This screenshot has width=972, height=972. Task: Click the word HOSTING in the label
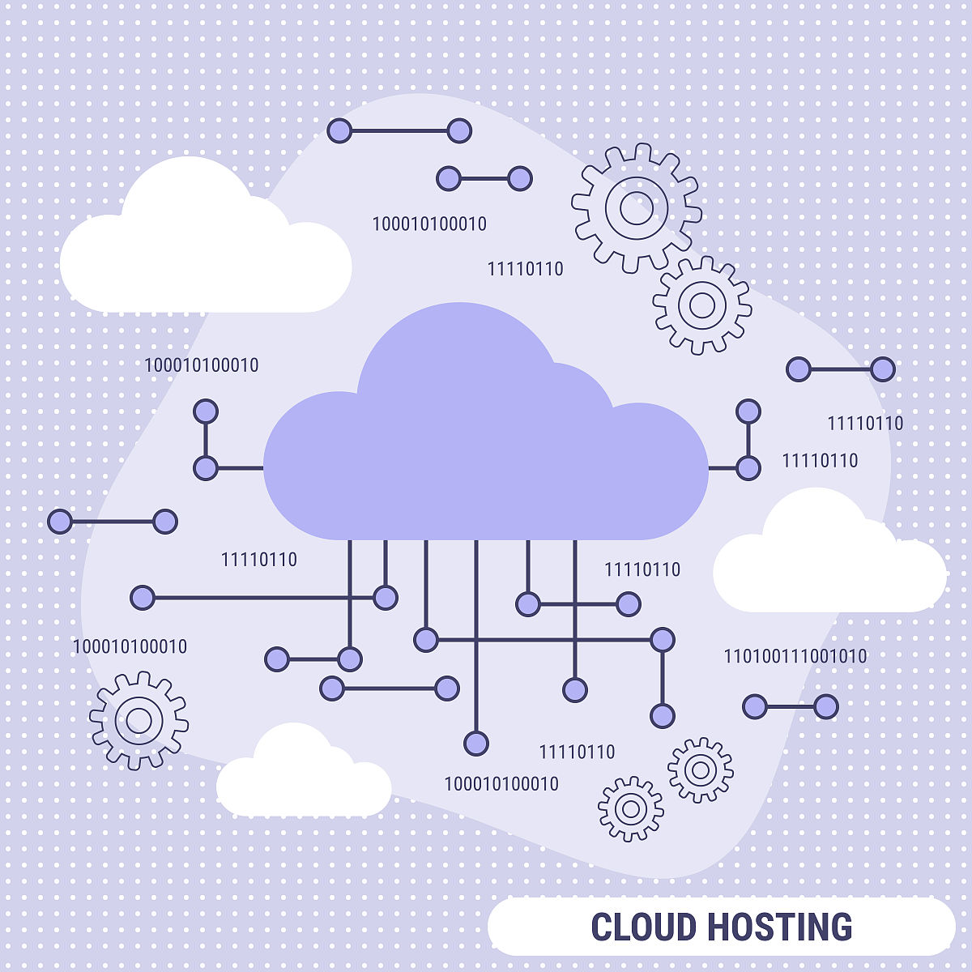[780, 927]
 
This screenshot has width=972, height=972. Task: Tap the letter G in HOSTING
[839, 927]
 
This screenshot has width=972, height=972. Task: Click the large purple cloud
[485, 444]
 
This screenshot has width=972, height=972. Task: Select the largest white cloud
[205, 242]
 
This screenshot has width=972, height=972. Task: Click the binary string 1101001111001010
[795, 656]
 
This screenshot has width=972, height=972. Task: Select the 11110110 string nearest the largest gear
[525, 269]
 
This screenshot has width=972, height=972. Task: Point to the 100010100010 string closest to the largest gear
[429, 224]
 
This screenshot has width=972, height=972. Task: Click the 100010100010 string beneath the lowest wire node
[501, 784]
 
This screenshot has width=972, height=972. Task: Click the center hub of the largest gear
[636, 208]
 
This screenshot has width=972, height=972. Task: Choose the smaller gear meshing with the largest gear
[702, 305]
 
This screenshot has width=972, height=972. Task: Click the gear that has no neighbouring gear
[139, 720]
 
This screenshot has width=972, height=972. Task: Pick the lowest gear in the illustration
[630, 809]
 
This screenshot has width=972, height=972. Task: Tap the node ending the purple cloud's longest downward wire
[476, 744]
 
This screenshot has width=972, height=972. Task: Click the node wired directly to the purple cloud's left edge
[206, 468]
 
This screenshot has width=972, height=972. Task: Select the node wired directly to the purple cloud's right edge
[748, 468]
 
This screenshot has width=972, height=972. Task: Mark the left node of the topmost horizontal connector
[339, 130]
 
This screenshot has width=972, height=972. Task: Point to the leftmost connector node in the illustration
[60, 521]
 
